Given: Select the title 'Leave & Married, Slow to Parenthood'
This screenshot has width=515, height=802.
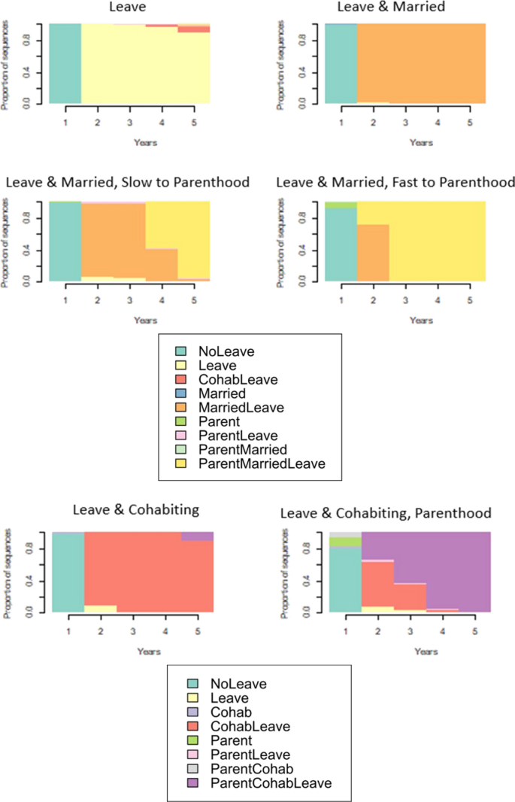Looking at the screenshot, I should [128, 183].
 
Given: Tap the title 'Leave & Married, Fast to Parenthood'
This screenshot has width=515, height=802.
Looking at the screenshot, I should [395, 183].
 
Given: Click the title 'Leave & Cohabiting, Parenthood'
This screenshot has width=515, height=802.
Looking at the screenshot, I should [386, 513].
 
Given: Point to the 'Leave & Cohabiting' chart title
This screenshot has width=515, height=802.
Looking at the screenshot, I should [135, 510].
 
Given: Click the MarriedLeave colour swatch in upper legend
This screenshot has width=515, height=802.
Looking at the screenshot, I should [180, 408].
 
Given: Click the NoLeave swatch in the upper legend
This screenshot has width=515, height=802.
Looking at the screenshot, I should [180, 351].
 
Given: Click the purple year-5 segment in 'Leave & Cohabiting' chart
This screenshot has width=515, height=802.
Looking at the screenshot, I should [197, 536].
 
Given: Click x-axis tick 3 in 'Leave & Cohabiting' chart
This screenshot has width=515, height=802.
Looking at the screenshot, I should [132, 631].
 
